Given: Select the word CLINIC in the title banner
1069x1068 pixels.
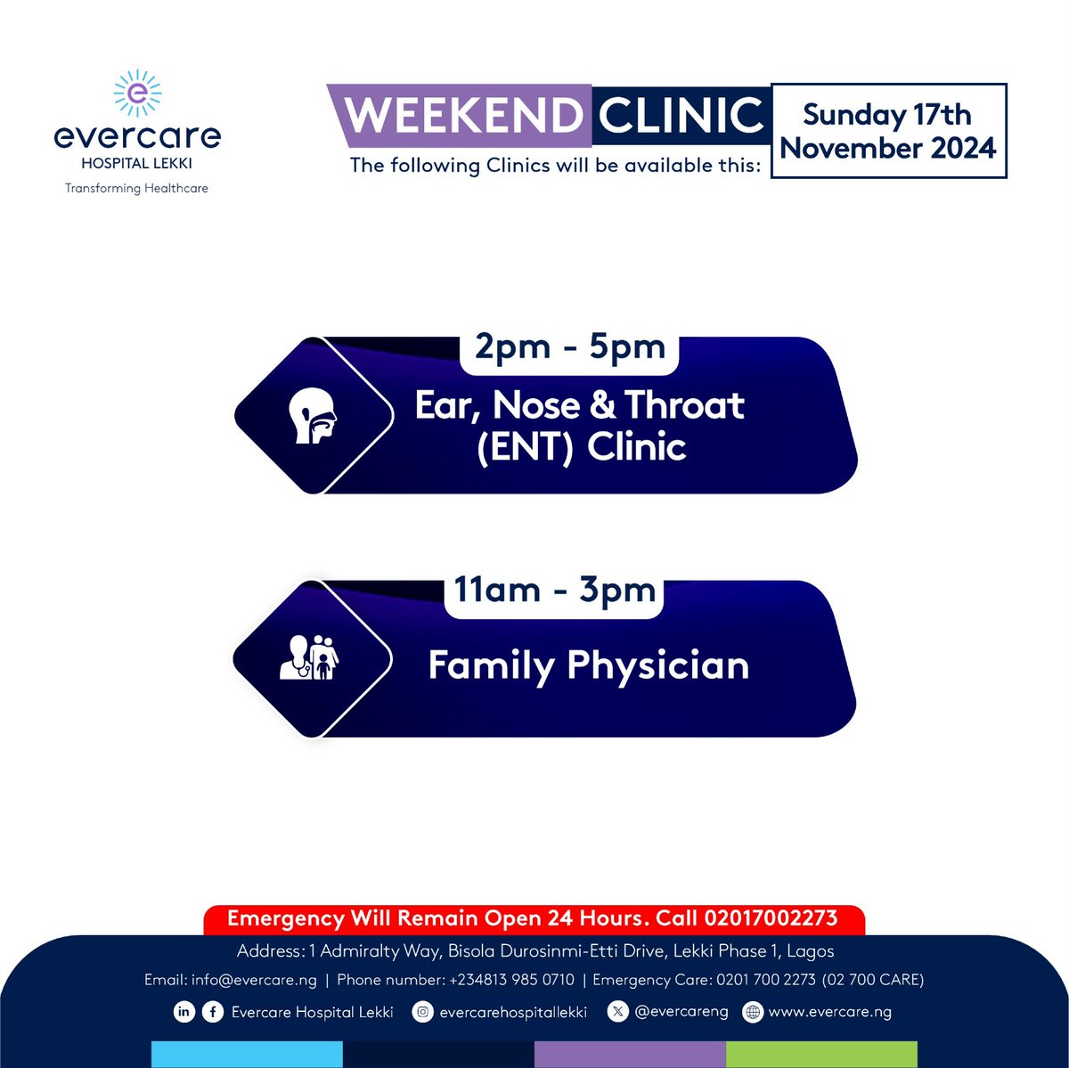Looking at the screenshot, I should coord(681,115).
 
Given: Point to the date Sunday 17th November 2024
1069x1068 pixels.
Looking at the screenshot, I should coord(888,131).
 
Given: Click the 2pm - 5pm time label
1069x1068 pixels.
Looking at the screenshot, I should coord(569,346).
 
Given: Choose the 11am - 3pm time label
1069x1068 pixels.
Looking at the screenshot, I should coord(554,590).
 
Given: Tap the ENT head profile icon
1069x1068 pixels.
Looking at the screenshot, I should coord(313,416).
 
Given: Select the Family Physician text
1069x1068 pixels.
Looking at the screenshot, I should coord(588,665).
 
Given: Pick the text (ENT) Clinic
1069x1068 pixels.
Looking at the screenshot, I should coord(581,446).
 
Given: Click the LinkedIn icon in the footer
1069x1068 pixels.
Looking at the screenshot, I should coord(184,1012).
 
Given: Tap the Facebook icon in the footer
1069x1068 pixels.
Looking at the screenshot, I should coord(212,1012).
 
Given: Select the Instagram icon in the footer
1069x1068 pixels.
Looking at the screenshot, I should coord(424,1012).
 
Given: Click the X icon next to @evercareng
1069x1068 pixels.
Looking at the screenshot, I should coord(618,1012).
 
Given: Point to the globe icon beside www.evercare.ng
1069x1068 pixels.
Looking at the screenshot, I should coord(753,1012).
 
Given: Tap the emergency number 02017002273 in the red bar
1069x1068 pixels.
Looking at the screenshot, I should coord(771,918).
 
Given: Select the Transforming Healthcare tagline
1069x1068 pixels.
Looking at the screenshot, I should coord(136,188).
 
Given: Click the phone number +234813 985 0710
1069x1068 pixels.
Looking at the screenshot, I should coord(511,980).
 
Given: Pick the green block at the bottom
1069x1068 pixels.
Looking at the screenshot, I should coord(821,1054).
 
